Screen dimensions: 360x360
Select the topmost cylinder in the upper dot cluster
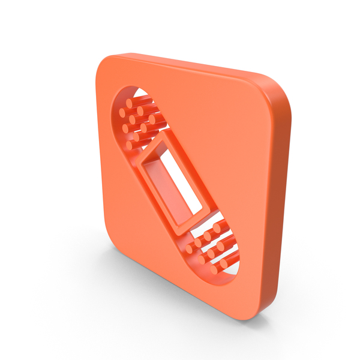click(x=130, y=103)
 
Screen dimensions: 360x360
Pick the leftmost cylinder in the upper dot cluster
click(x=122, y=112)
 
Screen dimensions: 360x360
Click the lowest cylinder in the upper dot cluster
click(x=128, y=145)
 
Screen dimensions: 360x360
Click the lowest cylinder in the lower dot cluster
click(x=223, y=264)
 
